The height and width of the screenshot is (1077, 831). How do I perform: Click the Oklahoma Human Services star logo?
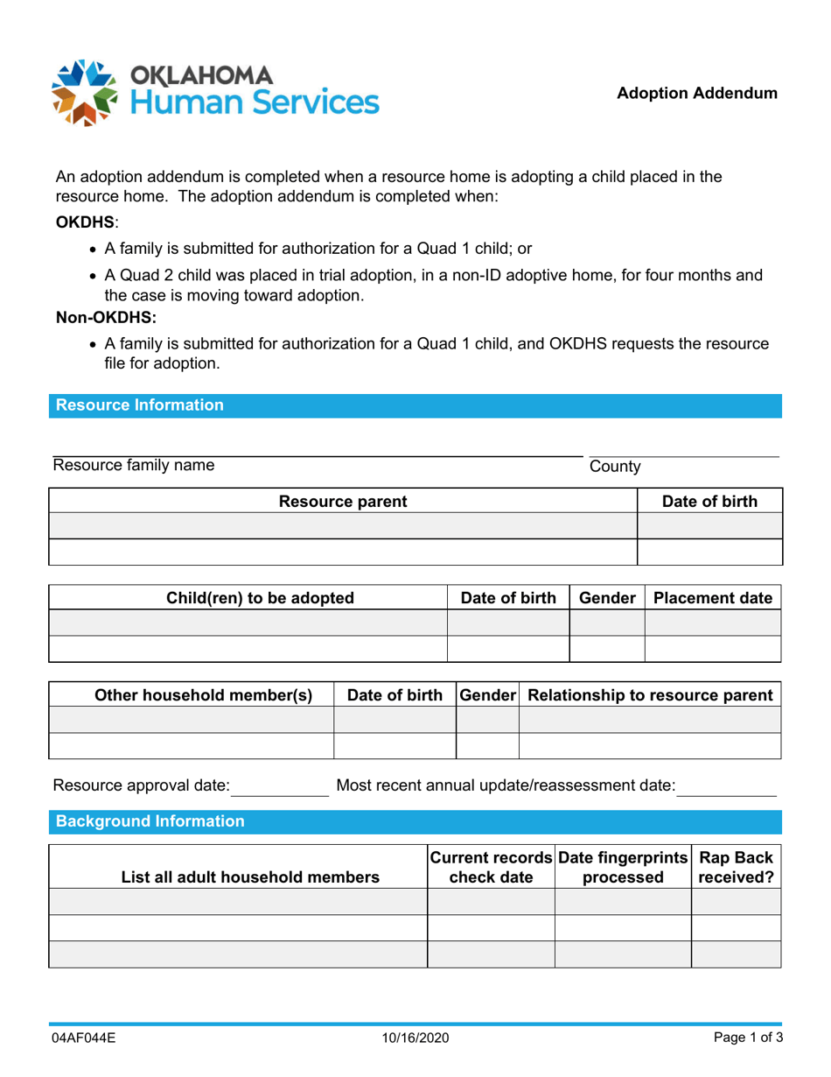coord(86,91)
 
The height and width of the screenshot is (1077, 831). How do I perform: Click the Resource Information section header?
coord(141,405)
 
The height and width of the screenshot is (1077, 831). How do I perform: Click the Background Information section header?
coord(151,822)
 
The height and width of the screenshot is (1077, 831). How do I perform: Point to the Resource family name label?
coord(134,466)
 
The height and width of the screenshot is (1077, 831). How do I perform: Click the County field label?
coord(615,468)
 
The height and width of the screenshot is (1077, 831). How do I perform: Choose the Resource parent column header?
coord(342,502)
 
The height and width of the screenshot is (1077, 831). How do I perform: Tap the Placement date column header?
coord(713,599)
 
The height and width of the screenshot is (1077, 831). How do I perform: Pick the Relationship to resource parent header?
coord(650,696)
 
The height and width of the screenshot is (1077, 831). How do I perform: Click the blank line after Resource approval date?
coord(279,787)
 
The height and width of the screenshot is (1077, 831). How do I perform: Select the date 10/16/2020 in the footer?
coord(415,1038)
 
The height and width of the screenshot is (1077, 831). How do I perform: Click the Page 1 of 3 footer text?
coord(742,1038)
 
